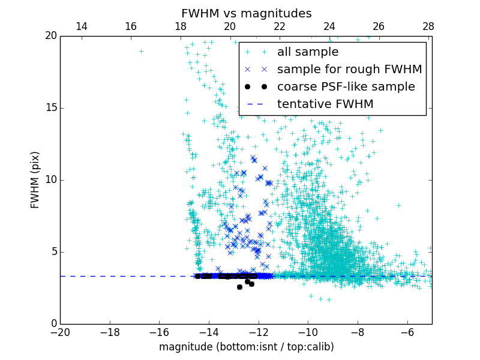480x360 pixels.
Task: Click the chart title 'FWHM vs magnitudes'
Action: coord(246,13)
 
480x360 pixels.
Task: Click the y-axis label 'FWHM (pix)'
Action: coord(35,180)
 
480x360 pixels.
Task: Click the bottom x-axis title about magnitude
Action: coord(246,347)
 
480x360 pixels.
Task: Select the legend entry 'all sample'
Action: coord(308,52)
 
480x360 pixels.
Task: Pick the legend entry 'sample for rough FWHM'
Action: coord(349,70)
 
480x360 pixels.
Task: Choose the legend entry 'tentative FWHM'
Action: coord(325,104)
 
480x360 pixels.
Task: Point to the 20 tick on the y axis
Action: coord(50,36)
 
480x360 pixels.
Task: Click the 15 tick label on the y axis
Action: coord(50,108)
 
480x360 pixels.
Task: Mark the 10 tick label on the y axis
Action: coord(50,180)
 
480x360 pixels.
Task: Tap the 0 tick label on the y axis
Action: coord(53,324)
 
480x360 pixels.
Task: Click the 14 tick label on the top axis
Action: coord(81,26)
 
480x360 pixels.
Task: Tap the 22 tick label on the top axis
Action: coord(280,26)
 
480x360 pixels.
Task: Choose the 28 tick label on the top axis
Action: coord(428,26)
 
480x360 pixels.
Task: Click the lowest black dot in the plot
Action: coord(239,287)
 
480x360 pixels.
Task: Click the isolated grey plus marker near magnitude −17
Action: coord(141,51)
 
